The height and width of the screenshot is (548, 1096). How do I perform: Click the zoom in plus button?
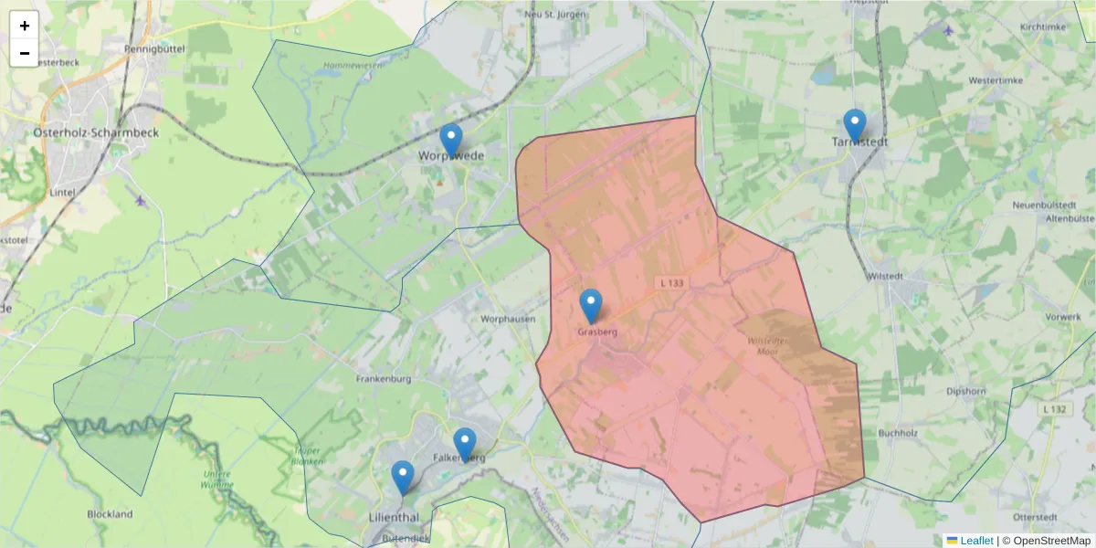25,26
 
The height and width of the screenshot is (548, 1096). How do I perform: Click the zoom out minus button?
25,53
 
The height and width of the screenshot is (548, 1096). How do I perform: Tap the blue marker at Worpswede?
451,140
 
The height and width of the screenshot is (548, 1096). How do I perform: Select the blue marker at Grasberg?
591,306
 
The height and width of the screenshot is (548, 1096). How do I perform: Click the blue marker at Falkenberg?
465,445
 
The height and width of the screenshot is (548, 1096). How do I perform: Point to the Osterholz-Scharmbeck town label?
96,132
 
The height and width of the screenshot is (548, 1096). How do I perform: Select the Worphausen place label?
506,319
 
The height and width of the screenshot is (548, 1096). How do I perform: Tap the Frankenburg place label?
384,378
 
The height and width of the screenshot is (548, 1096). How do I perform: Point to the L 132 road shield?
1054,408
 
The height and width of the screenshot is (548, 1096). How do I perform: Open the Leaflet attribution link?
975,541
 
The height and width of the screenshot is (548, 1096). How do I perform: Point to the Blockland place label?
110,514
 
